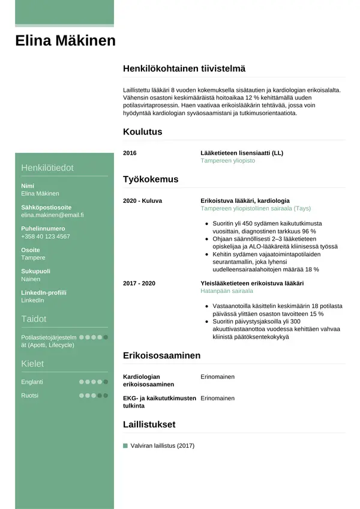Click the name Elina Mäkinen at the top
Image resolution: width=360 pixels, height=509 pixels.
point(65,41)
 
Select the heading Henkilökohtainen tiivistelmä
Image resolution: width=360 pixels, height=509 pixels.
point(184,69)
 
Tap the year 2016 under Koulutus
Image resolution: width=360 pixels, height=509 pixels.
point(130,153)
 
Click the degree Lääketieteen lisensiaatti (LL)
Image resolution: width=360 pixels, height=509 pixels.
point(241,153)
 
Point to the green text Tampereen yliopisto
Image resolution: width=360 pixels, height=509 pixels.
point(227,161)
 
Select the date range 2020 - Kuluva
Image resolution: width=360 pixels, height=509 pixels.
point(142,200)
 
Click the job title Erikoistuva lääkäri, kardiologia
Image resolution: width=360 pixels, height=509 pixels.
point(245,200)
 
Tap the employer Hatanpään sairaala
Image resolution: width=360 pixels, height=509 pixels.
point(226,291)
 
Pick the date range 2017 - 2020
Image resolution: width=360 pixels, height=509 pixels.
point(139,283)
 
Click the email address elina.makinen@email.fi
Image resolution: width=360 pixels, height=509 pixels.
point(52,215)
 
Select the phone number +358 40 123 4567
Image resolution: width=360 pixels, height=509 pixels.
point(45,236)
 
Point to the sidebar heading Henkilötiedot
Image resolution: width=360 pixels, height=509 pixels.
point(47,168)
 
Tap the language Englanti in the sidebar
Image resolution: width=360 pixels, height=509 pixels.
point(32,382)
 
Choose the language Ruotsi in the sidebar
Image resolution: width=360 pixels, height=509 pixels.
point(29,396)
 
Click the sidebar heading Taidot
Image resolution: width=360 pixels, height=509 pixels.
point(34,319)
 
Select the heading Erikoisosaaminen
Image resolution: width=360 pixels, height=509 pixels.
point(161,356)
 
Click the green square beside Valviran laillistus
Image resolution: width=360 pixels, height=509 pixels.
point(125,446)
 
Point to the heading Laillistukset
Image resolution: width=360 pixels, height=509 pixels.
point(149,424)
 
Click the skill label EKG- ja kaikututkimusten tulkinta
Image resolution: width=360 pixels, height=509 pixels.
point(159,402)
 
